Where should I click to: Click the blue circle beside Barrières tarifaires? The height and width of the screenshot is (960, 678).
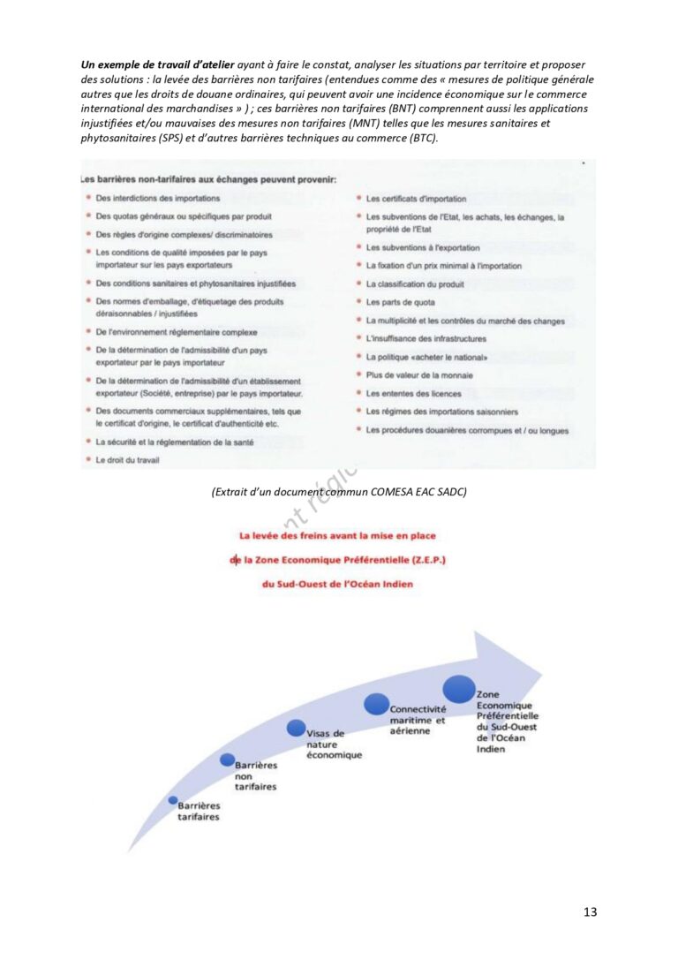point(173,800)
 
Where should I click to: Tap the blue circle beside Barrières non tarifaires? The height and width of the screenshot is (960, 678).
point(227,760)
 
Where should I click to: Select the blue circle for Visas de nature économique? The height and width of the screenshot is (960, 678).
point(297,728)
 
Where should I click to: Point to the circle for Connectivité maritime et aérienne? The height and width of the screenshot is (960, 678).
point(377,704)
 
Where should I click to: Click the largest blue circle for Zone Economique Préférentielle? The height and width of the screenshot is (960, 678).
point(459,689)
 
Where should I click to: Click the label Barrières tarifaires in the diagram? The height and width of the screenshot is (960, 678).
point(199,812)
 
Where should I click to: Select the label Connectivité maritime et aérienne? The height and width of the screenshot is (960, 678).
point(418,720)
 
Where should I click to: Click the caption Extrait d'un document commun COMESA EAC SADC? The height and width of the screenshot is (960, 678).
point(338,492)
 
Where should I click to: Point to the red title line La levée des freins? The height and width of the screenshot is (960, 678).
point(338,535)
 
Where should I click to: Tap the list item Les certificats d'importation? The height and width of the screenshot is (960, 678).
point(416,200)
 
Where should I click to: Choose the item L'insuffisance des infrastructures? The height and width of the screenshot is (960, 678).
point(426,339)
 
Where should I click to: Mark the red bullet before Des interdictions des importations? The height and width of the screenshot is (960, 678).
point(87,199)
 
